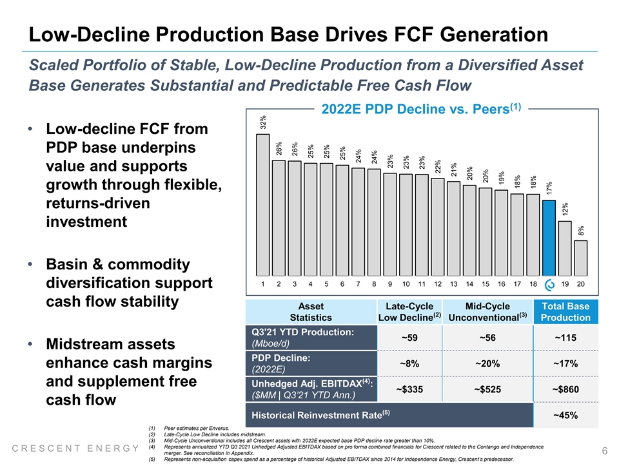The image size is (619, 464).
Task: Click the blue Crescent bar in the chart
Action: tap(549, 238)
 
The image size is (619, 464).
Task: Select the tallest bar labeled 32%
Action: tap(263, 205)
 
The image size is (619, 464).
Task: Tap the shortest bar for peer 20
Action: tap(581, 258)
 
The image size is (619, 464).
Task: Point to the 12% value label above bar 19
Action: tap(565, 209)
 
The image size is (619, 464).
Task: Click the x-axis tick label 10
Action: tap(406, 284)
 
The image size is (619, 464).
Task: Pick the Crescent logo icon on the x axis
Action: tap(549, 285)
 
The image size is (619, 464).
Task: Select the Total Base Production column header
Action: tap(565, 312)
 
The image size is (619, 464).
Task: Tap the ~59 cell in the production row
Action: tap(409, 338)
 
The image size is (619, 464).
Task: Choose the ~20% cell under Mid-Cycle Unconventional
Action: tap(487, 363)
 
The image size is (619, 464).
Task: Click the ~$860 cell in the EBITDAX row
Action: tap(565, 389)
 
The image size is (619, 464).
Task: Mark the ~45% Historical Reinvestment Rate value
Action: tap(565, 415)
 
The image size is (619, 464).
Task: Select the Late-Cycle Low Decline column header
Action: tap(409, 312)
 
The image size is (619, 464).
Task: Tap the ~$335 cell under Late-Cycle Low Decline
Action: tap(409, 389)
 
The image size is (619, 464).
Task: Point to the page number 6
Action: tap(605, 450)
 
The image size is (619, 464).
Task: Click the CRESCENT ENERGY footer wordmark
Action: tap(75, 449)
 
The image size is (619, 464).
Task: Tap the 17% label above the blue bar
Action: tap(549, 188)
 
